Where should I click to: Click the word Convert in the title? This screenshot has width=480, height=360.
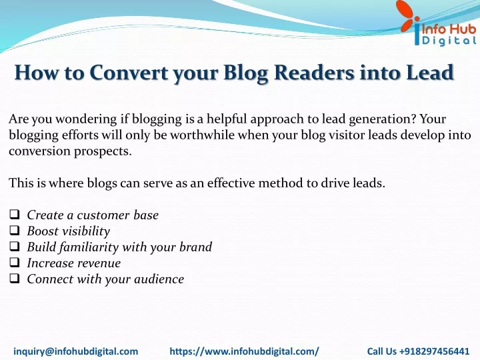click(129, 73)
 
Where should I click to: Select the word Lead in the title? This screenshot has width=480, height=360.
click(430, 73)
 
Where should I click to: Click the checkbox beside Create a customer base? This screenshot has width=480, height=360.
click(15, 214)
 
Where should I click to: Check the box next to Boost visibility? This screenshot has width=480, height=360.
click(15, 230)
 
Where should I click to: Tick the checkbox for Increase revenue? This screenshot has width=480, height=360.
click(15, 263)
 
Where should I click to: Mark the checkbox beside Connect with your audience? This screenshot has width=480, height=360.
click(15, 278)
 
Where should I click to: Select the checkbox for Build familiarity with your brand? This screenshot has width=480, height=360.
click(15, 247)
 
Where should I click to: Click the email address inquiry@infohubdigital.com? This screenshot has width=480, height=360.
click(76, 351)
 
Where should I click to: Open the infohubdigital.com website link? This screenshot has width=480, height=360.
click(244, 351)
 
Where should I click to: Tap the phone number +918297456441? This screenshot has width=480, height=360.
click(434, 351)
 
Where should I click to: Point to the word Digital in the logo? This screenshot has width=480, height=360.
click(449, 41)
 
